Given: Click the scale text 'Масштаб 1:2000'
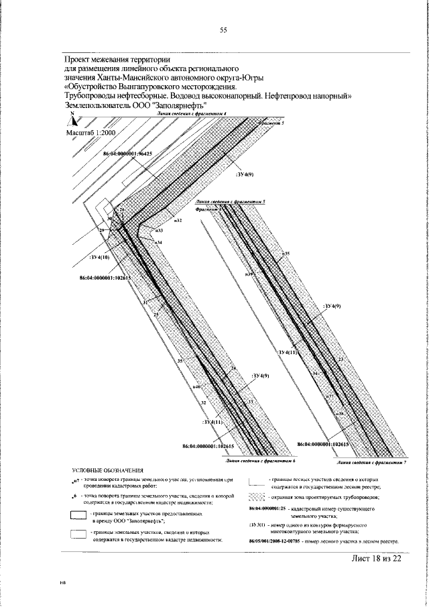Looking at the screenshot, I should tap(91, 133).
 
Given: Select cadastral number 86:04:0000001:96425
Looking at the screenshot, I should tap(127, 154).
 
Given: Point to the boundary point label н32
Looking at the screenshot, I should tap(178, 220).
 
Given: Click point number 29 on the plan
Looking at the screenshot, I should tap(103, 231).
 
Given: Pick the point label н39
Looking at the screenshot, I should tap(249, 274).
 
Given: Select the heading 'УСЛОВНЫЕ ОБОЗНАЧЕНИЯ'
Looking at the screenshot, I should tap(108, 472).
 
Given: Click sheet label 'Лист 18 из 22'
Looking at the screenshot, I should tap(375, 559).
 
